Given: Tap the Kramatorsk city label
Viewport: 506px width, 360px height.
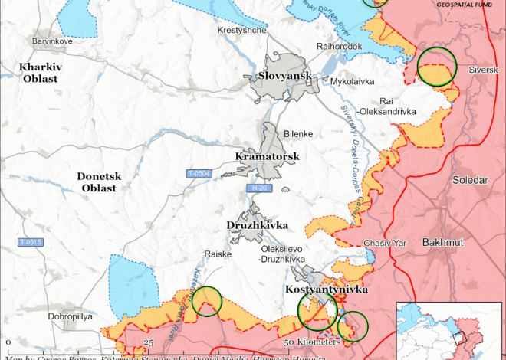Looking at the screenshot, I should coord(266,157).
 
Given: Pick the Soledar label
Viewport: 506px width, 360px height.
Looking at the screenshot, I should coord(471,180).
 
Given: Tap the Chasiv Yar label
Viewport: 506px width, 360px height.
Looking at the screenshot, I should coord(385,243).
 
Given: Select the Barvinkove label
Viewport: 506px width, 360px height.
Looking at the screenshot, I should coord(52,41).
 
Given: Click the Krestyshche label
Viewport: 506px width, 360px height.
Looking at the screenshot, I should coord(242,30).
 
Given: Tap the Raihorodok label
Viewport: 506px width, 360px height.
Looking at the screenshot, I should coord(338,46).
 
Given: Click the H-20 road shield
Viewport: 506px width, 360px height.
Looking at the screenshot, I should coord(261,188).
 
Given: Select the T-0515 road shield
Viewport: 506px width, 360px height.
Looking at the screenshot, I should coord(30,242).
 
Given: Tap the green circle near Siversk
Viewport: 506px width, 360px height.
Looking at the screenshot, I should coord(437,66).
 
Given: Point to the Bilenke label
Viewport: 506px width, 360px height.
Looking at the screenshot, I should coord(298,134).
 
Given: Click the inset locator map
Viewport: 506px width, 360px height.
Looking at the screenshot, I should coord(449,330).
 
